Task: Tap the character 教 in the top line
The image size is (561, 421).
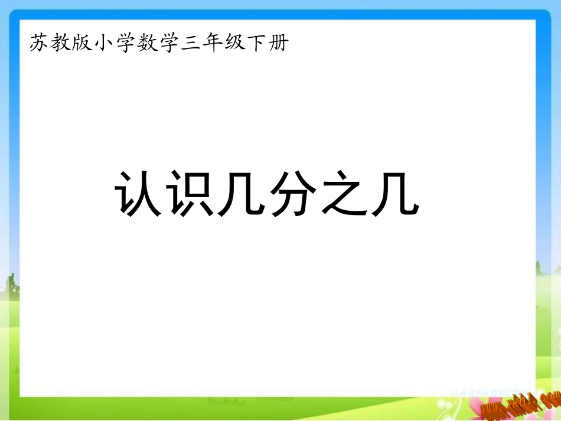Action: [x=61, y=43]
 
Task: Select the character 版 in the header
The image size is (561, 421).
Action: [x=84, y=43]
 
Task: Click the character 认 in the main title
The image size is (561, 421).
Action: [x=135, y=193]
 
